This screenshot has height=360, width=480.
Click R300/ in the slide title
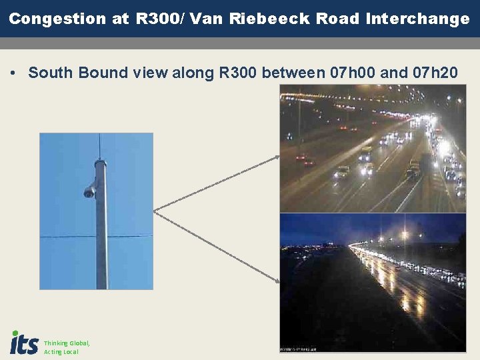pyautogui.click(x=161, y=19)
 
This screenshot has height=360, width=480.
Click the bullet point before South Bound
pyautogui.click(x=14, y=73)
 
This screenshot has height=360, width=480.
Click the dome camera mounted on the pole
pyautogui.click(x=89, y=192)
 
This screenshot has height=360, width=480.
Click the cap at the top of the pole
pyautogui.click(x=100, y=162)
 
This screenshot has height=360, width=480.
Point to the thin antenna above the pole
pyautogui.click(x=99, y=145)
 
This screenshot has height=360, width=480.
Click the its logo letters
pyautogui.click(x=25, y=343)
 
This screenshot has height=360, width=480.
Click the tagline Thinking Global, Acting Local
pyautogui.click(x=66, y=347)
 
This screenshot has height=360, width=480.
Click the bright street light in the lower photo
pyautogui.click(x=403, y=235)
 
